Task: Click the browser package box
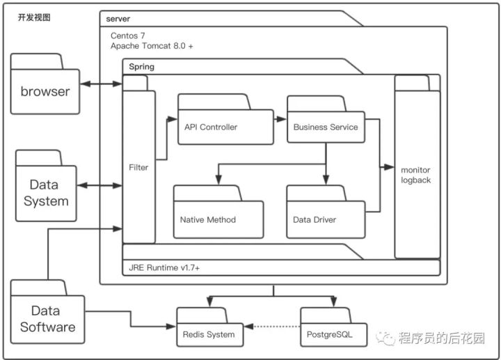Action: (x=45, y=91)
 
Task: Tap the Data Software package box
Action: (x=47, y=319)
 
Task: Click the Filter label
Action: (x=138, y=167)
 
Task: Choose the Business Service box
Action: (x=326, y=127)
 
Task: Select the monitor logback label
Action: (x=416, y=175)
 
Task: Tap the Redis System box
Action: (x=209, y=334)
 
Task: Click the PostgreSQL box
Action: (x=330, y=334)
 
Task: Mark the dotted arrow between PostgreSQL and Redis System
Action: (x=271, y=326)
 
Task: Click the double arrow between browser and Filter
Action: (x=101, y=84)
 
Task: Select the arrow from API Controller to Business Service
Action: (x=280, y=119)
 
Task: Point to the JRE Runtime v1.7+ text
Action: (x=165, y=267)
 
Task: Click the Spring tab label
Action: (x=142, y=67)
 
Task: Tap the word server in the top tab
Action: (x=118, y=17)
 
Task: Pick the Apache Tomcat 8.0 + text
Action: (x=152, y=45)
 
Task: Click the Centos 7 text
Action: (x=129, y=35)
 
